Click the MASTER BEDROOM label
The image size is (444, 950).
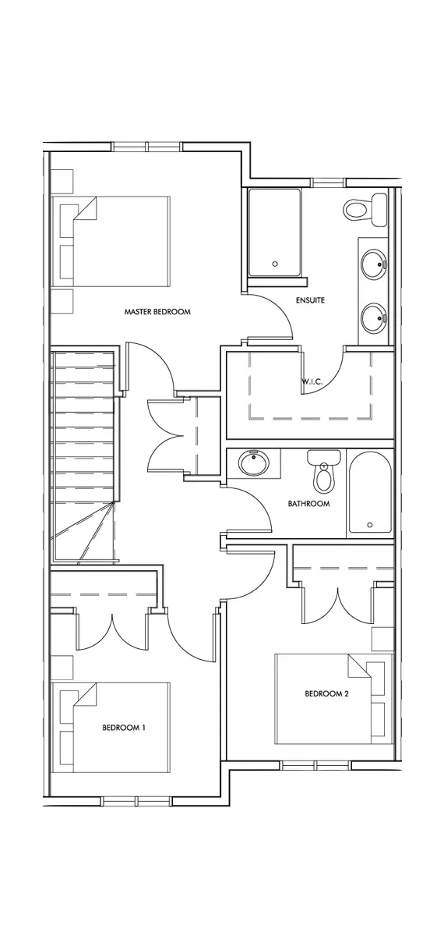[x=157, y=312]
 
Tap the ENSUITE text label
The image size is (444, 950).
[x=310, y=300]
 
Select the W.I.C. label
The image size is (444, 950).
[x=312, y=381]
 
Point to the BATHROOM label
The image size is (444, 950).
[x=308, y=504]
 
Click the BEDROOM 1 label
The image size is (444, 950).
[x=124, y=728]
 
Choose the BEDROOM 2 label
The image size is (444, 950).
[x=326, y=694]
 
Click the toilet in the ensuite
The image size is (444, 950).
[x=365, y=210]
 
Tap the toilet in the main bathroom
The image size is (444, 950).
[x=324, y=471]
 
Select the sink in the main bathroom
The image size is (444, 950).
[x=253, y=463]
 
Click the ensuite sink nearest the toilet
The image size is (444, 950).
[x=374, y=264]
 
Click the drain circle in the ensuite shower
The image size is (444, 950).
[x=275, y=264]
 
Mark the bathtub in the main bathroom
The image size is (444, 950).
[x=370, y=492]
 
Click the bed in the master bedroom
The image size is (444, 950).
[x=110, y=240]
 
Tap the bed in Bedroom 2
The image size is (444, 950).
[x=334, y=699]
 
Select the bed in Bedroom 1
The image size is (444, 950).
[x=110, y=727]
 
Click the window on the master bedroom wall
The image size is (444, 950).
[x=147, y=147]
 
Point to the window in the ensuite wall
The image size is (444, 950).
[x=329, y=183]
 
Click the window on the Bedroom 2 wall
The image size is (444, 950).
[x=315, y=765]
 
